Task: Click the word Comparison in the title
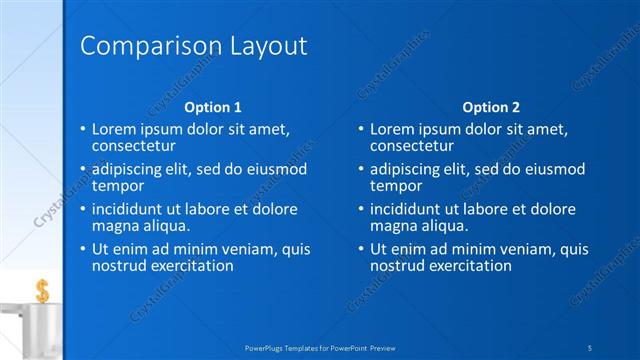[139, 46]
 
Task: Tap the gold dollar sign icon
[42, 291]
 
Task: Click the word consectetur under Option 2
[412, 146]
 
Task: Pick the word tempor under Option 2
[396, 185]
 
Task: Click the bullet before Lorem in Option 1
[82, 130]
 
